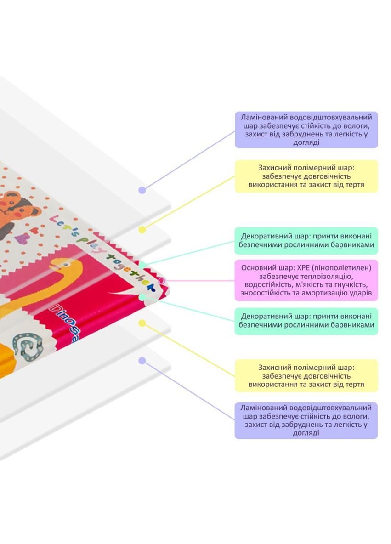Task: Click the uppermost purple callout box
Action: (x=306, y=130)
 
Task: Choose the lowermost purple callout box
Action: (x=306, y=420)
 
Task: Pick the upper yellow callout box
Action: (x=306, y=176)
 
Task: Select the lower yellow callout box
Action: (x=306, y=375)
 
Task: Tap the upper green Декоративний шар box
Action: (x=306, y=241)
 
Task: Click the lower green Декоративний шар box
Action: (x=306, y=321)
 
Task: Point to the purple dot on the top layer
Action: (x=142, y=190)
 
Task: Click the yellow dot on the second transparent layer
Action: (x=142, y=229)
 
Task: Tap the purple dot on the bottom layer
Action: (x=142, y=361)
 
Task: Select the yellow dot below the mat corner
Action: (x=142, y=323)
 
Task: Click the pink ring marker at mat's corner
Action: (x=161, y=280)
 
